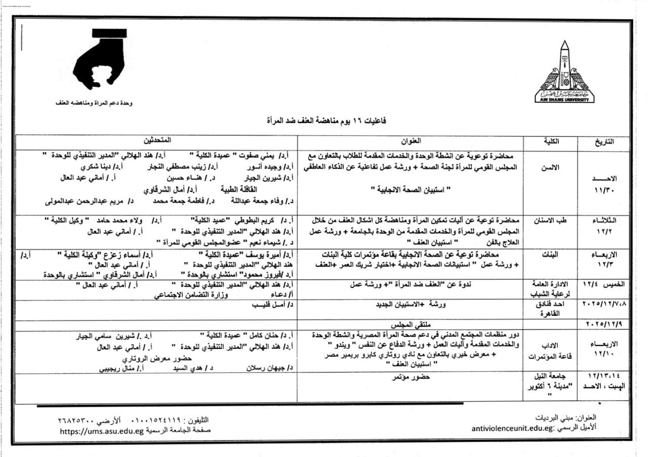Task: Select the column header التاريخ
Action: tap(604, 142)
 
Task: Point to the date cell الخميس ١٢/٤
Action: tap(604, 285)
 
